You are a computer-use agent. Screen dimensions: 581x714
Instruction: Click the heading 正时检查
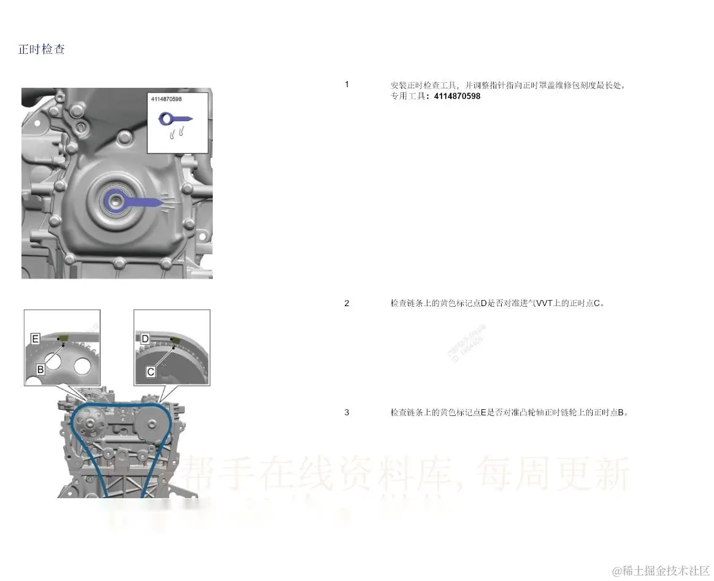click(41, 50)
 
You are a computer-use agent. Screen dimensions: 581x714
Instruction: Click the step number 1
click(347, 84)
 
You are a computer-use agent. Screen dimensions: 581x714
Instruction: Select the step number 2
click(347, 303)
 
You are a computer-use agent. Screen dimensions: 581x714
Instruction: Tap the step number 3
click(347, 412)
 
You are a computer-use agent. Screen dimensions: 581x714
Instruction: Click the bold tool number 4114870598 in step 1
click(457, 96)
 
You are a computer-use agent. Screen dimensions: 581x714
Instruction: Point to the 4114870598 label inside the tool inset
click(166, 98)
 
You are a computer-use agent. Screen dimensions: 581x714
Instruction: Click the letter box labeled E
click(36, 339)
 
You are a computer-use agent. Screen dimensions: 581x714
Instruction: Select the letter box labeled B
click(40, 369)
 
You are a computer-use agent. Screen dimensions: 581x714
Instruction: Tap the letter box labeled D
click(145, 339)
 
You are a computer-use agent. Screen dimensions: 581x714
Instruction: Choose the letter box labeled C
click(151, 371)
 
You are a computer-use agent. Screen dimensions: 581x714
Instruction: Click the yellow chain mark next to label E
click(61, 339)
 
